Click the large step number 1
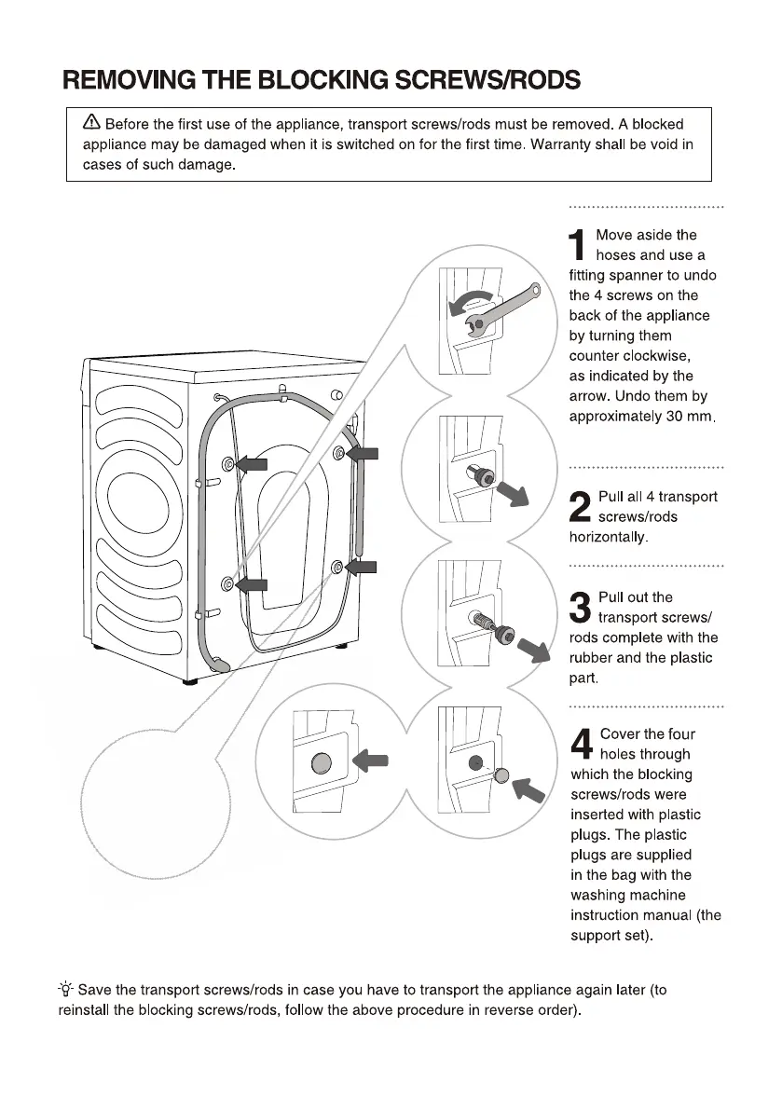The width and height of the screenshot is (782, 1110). point(579,246)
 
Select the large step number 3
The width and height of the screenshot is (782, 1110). point(580,608)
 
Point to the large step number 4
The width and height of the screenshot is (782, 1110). point(581,745)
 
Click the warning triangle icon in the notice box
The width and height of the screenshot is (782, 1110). point(91,123)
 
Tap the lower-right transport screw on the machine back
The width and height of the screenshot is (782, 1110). point(337,567)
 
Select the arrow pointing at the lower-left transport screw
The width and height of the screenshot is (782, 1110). point(251,584)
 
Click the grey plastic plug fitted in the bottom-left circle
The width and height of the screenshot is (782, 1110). point(321,764)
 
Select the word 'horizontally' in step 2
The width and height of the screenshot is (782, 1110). point(608,538)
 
